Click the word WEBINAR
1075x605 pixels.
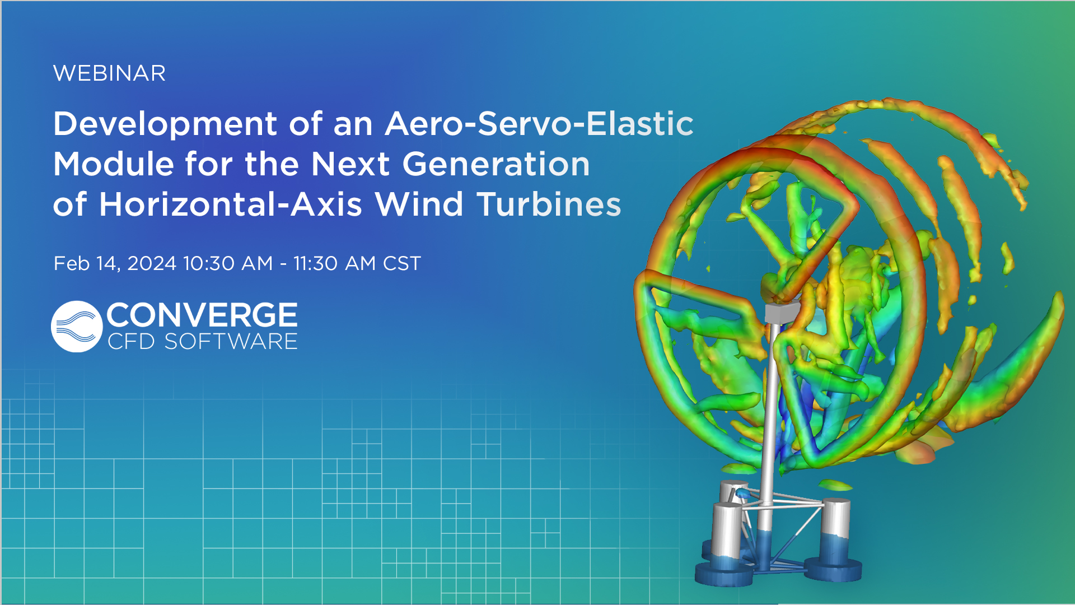pos(109,73)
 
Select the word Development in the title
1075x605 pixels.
pos(165,124)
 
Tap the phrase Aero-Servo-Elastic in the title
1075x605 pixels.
pos(539,123)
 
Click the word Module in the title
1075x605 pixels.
pos(114,164)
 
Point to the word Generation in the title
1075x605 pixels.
pos(496,164)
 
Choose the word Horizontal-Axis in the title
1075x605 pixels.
pos(230,204)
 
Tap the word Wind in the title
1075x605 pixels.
pos(419,204)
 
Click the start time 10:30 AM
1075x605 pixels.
pos(227,263)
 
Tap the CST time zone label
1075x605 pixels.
pos(401,263)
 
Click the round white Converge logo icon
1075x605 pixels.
pos(77,327)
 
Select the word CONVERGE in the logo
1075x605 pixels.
pos(202,315)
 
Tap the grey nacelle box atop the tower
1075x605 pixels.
pos(781,312)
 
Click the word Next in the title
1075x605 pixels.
pos(349,164)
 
